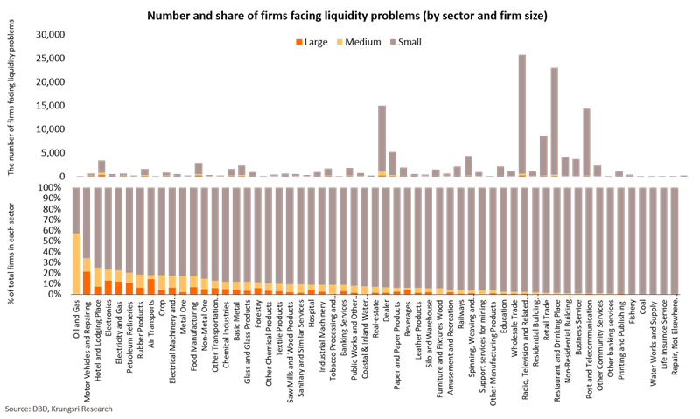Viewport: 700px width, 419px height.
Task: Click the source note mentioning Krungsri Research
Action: coord(58,409)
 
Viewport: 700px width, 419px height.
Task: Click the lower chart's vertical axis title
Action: coord(11,241)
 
